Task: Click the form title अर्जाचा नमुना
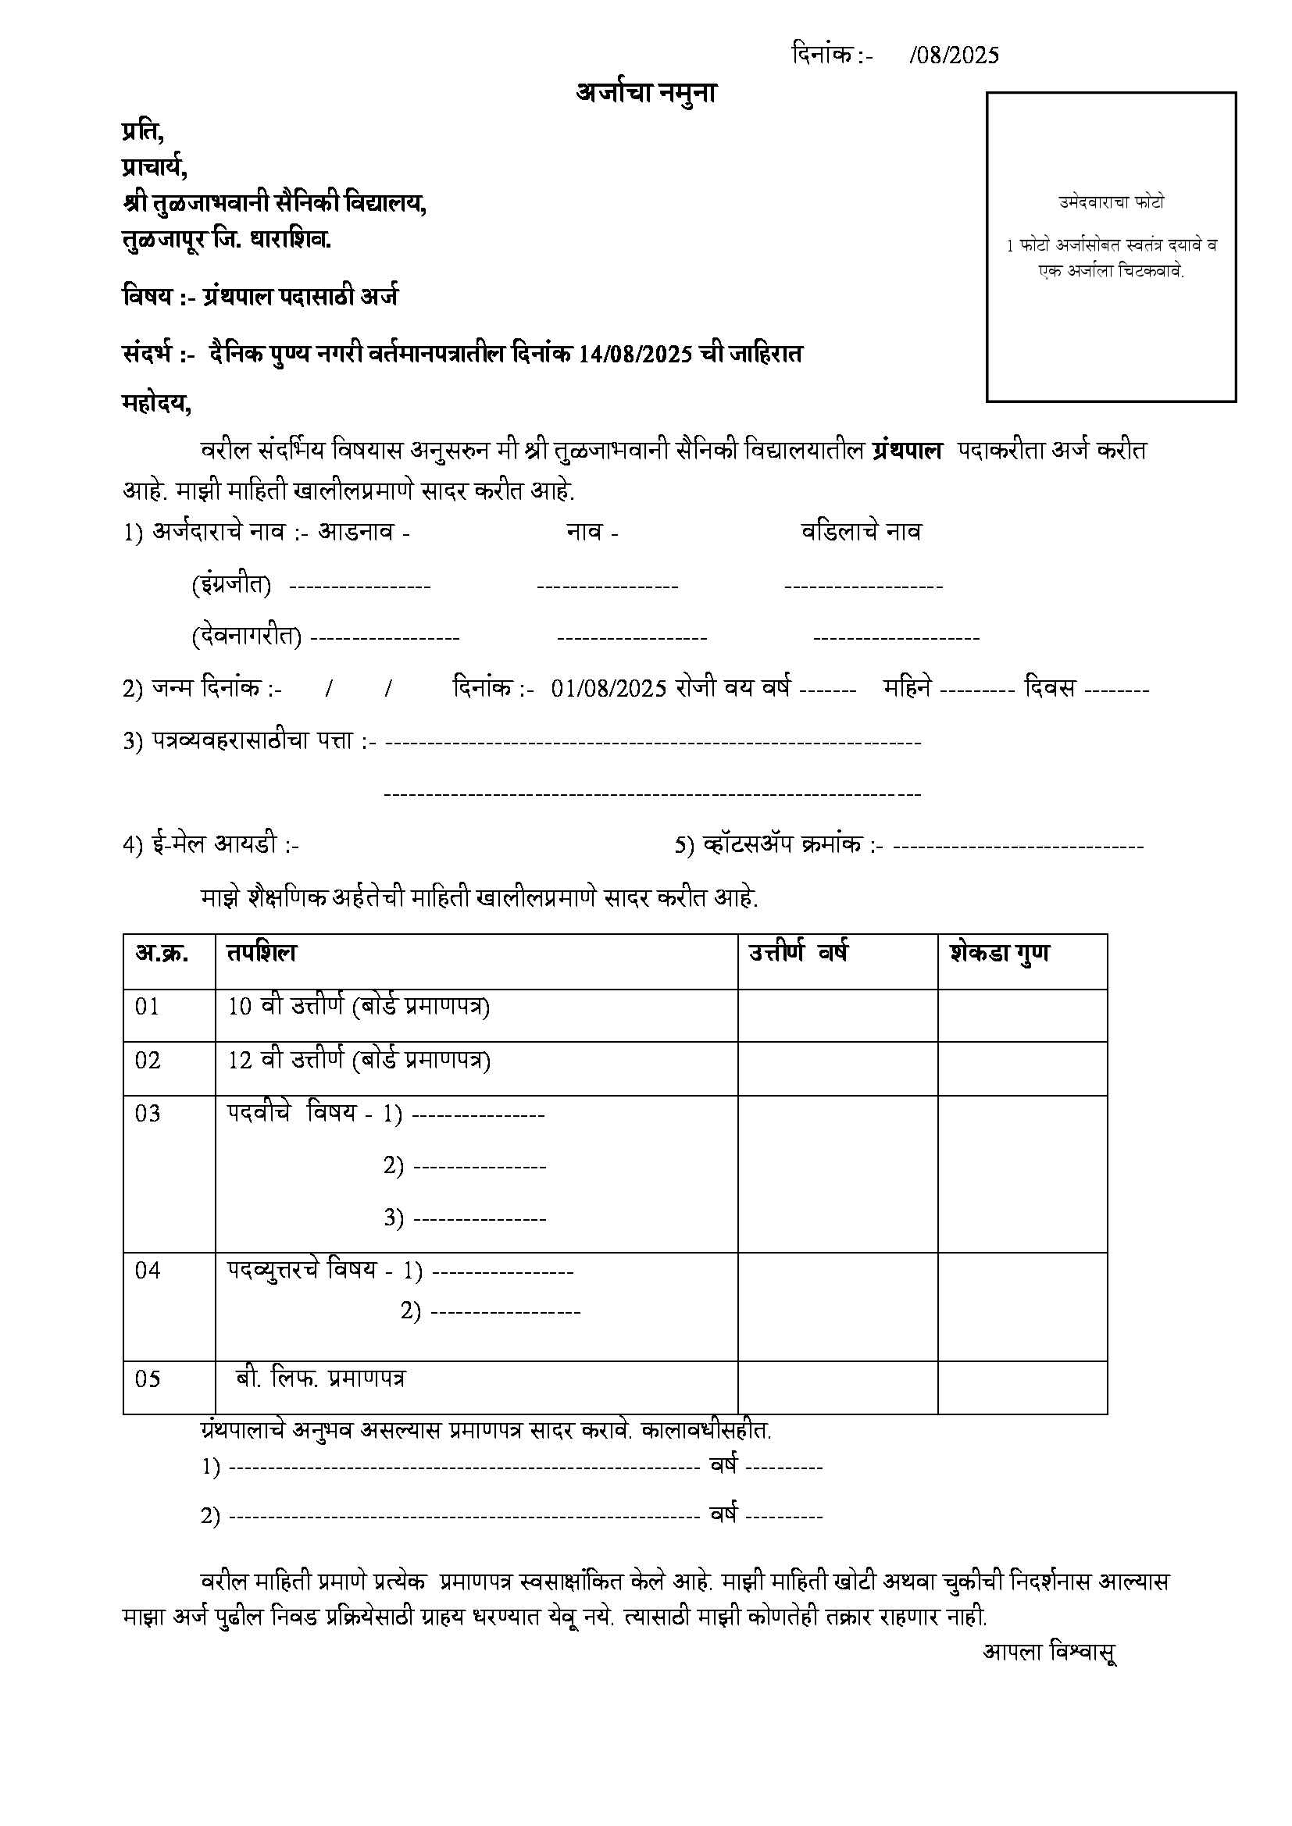646,94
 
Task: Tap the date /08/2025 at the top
954,55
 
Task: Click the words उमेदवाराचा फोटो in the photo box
1111,202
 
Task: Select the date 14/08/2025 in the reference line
636,353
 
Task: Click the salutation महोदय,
157,404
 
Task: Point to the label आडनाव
355,531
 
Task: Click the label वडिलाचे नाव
861,531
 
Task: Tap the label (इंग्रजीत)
230,585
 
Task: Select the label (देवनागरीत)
246,637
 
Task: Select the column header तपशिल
262,953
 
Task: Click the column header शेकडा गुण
999,953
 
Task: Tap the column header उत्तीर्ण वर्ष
798,953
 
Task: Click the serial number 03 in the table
148,1114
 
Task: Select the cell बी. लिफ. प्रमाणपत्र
320,1378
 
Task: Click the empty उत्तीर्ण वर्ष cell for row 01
837,1015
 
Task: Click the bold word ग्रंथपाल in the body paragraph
907,451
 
